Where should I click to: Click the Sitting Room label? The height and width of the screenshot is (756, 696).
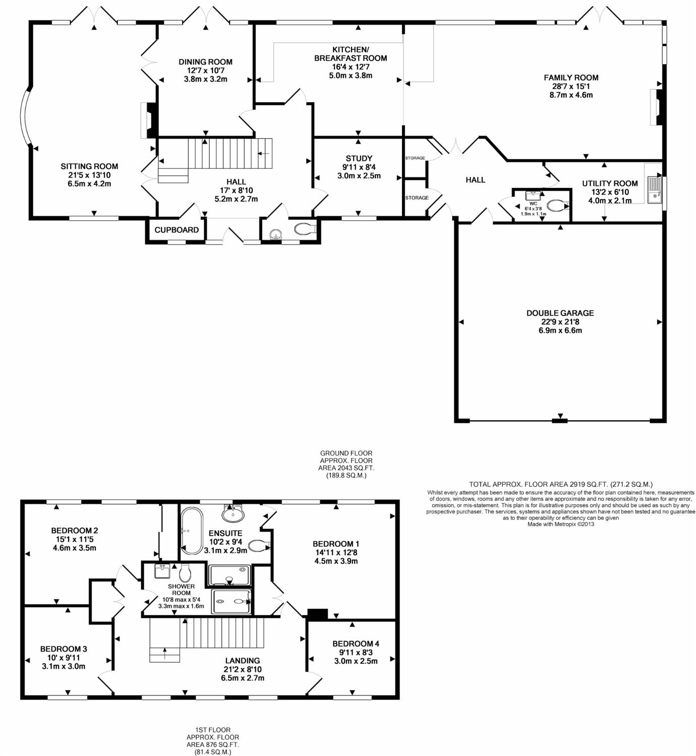click(89, 166)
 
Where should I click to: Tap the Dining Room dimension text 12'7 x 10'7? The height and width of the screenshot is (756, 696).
click(206, 71)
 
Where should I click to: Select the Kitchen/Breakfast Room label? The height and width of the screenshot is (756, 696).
click(351, 54)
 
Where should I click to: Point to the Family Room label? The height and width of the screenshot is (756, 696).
click(571, 78)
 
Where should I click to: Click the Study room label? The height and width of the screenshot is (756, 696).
click(359, 158)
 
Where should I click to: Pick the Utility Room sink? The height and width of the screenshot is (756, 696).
click(655, 190)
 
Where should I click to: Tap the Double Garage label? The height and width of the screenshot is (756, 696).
click(560, 313)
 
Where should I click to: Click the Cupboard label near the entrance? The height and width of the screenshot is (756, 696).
click(177, 230)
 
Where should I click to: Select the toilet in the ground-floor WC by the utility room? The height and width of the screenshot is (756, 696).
click(557, 206)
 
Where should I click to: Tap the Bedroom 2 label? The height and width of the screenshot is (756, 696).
click(75, 531)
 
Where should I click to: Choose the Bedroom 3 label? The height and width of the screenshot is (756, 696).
click(64, 649)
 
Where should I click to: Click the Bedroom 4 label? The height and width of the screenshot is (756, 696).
click(356, 644)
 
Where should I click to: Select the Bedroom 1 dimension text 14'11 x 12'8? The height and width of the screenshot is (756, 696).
click(336, 552)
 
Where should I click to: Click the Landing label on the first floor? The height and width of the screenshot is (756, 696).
click(243, 661)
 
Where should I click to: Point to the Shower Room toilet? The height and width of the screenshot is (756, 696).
click(185, 573)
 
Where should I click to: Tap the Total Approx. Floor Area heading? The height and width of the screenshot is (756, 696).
click(561, 484)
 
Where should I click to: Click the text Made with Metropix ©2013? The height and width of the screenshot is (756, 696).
click(560, 524)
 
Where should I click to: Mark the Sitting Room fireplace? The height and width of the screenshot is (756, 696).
click(148, 120)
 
